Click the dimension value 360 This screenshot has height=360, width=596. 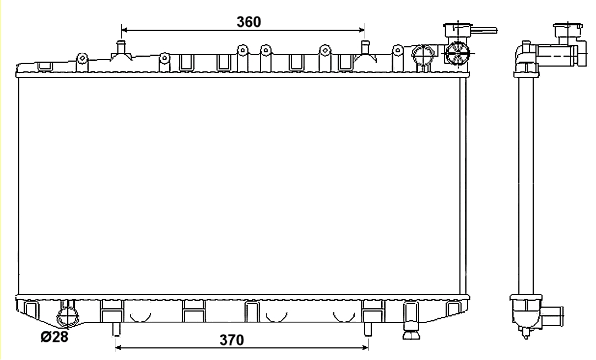pos(249,22)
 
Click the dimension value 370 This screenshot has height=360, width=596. pos(232,340)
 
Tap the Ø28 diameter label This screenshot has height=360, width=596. pos(55,336)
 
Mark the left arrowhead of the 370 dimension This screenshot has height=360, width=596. pos(118,347)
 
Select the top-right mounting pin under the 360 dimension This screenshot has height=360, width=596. pos(365,47)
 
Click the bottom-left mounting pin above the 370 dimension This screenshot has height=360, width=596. pos(116,330)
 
